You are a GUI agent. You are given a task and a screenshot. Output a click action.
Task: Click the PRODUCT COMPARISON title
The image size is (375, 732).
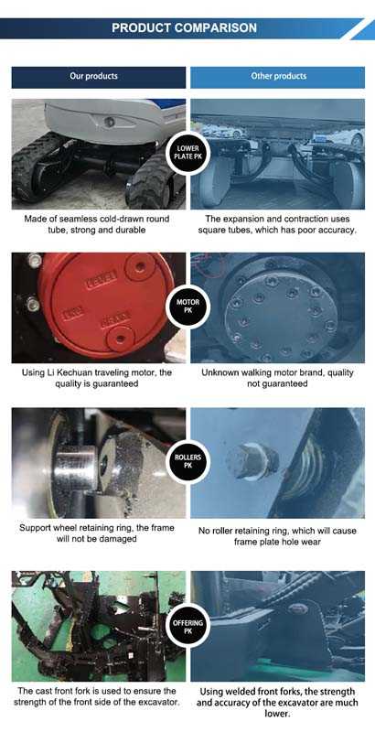coord(184,28)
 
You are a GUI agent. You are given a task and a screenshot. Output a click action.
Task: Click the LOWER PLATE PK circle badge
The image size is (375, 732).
coord(188,153)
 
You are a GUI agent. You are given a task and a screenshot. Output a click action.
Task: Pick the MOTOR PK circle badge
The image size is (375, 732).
coord(188,307)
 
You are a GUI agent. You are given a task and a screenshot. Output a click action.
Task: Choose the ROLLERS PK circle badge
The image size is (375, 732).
coord(188,461)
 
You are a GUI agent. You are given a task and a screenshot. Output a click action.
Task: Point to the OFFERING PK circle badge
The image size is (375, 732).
coord(188,627)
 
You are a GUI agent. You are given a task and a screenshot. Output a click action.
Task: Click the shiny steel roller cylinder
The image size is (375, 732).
coord(77,468)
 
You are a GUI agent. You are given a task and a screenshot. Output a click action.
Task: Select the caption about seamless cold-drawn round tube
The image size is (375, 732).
coord(97,224)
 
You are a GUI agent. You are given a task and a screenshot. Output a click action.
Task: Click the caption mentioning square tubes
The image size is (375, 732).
coord(277,224)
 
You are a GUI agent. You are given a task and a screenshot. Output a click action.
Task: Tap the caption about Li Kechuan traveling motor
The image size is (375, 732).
coord(97,378)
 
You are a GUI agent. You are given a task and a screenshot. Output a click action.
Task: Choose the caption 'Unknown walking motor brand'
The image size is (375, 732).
coord(277,378)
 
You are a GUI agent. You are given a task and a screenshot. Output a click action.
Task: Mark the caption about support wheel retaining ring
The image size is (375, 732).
coord(97,533)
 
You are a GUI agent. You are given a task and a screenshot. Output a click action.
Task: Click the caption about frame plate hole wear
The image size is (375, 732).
coord(277,537)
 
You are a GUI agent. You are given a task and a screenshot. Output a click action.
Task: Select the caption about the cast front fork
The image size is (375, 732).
coord(97,696)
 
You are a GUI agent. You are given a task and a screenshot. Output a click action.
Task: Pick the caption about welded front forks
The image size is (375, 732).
coord(277,703)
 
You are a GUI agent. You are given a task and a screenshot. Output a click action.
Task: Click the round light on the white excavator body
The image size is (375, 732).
coord(109,123)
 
